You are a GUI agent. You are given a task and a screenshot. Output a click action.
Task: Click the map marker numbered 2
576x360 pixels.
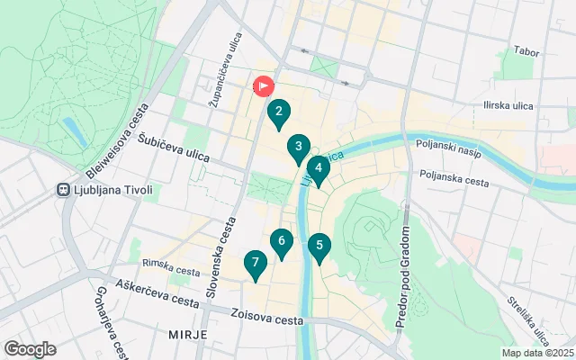point(279,112)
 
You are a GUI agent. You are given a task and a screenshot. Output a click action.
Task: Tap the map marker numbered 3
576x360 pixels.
point(299,148)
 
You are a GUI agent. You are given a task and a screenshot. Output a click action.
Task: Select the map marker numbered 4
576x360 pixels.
point(318,168)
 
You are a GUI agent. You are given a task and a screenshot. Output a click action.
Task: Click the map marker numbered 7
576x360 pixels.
point(256,264)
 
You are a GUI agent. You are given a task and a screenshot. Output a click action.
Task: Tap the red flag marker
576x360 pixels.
point(264,86)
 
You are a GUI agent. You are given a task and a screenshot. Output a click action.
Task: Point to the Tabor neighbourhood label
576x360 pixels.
point(525,51)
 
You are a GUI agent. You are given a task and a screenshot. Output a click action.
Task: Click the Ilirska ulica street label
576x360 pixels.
point(510,106)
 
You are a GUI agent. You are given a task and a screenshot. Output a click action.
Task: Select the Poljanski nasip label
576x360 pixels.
point(449,145)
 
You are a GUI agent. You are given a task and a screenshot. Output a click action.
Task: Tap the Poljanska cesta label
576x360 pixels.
point(453,177)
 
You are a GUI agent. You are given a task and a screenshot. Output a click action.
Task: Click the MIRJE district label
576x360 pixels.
point(187,334)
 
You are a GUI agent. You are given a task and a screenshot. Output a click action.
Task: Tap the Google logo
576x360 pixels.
point(30,349)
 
